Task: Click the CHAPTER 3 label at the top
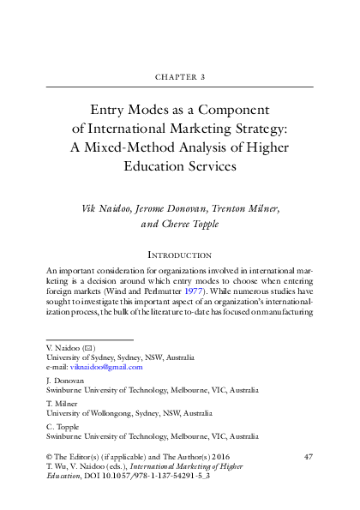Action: click(x=180, y=76)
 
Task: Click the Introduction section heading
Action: click(x=180, y=255)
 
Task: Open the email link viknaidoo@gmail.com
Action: click(x=106, y=367)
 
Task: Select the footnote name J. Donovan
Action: click(x=64, y=379)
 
